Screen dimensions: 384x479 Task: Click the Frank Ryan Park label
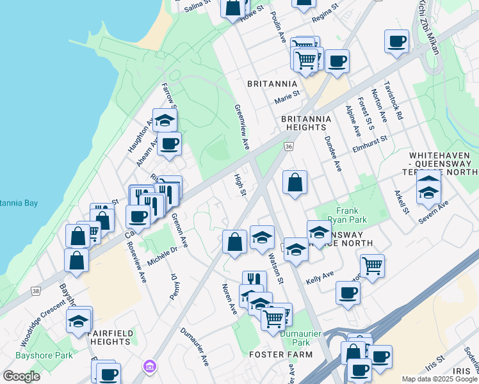(x=349, y=214)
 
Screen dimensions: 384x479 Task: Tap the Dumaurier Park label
(x=297, y=338)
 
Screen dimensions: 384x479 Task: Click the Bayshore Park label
(x=44, y=355)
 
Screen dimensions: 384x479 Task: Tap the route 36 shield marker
(x=289, y=147)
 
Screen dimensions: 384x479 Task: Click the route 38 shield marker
(x=34, y=291)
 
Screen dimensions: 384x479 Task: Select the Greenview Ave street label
(x=242, y=127)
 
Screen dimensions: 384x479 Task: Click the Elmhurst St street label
(x=370, y=143)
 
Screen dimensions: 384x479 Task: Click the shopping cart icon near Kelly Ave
(x=372, y=265)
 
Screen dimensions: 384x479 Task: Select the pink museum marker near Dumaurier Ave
(x=150, y=367)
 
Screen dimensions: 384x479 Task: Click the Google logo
(x=22, y=376)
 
